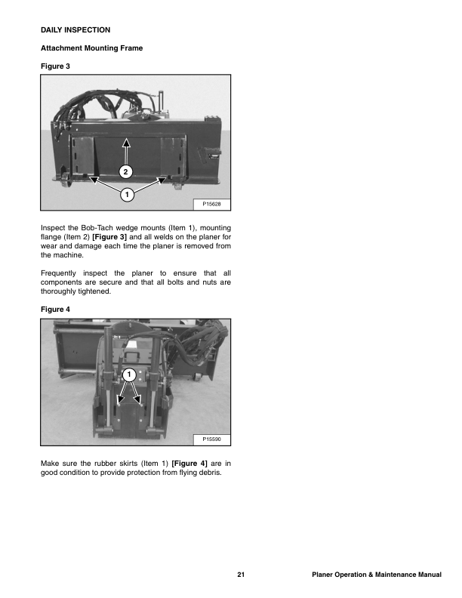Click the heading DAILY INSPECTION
[75, 29]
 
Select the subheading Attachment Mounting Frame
[91, 48]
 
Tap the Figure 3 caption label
[54, 66]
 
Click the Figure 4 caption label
[54, 308]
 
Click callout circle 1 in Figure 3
[127, 195]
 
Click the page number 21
[240, 577]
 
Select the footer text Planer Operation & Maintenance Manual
[376, 577]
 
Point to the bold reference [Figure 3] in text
[110, 237]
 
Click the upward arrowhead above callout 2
[127, 141]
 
